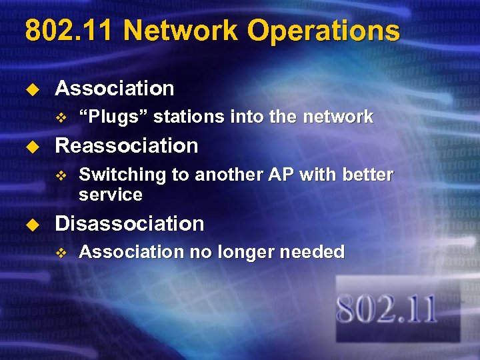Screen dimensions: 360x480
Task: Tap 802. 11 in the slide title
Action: tap(69, 31)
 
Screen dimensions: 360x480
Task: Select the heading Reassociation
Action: tap(127, 145)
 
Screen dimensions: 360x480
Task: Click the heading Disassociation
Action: tap(129, 223)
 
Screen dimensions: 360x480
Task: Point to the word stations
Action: tap(189, 117)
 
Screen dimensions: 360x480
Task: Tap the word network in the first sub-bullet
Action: tap(338, 117)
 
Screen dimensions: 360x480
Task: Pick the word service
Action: tap(110, 195)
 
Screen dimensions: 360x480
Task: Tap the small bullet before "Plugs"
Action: tap(61, 118)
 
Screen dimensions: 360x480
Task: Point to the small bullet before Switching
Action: tap(61, 175)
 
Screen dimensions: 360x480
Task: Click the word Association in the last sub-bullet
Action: tap(125, 252)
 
